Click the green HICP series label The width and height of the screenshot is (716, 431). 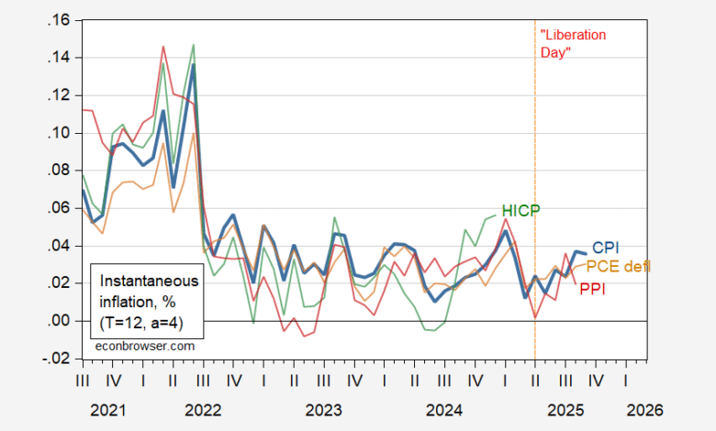(521, 210)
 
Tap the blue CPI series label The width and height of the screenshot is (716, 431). (606, 248)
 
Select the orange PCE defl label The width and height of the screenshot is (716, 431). (618, 266)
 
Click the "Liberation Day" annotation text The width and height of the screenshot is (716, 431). (574, 43)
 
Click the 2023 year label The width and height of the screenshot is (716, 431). (323, 408)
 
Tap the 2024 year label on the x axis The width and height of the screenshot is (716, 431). (444, 408)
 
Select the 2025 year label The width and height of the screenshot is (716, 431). (565, 408)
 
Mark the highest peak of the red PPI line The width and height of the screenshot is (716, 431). (163, 46)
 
